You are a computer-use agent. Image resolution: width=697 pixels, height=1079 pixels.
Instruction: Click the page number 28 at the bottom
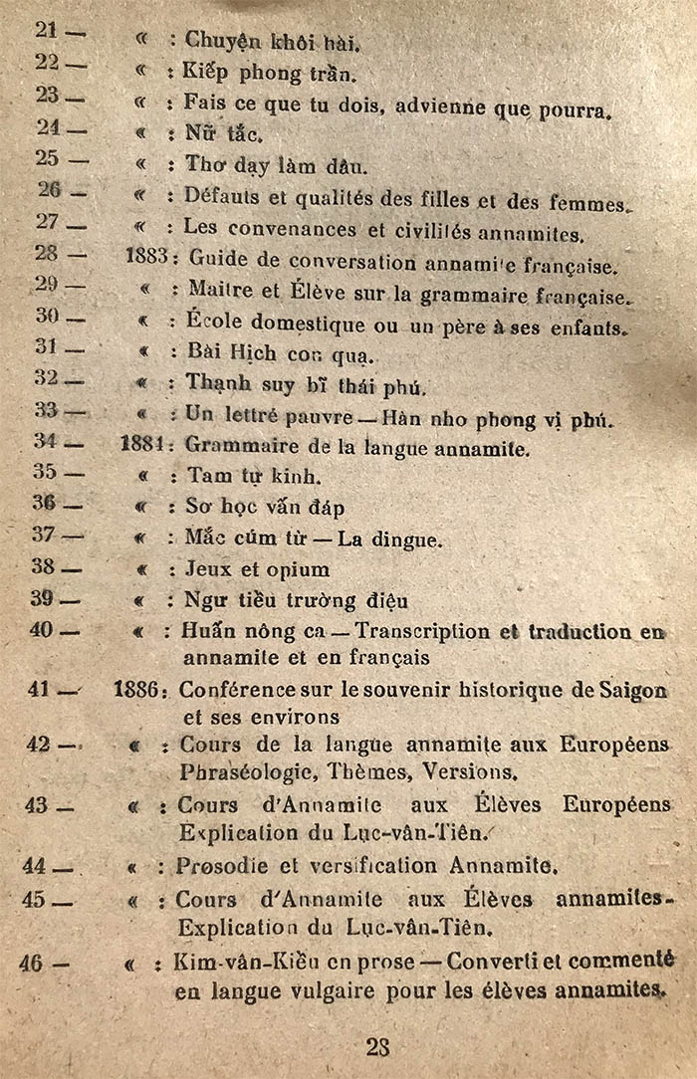pos(377,1046)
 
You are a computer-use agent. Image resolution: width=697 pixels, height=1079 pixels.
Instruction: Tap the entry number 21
pos(47,30)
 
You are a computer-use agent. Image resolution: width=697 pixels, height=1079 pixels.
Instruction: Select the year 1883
pos(146,256)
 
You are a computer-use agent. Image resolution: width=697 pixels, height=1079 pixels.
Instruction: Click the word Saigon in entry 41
pos(631,691)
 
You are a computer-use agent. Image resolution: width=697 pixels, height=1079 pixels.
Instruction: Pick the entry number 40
pos(42,629)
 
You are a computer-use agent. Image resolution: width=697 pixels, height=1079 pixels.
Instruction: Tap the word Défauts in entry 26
pos(218,197)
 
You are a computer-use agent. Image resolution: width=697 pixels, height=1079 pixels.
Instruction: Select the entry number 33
pos(47,409)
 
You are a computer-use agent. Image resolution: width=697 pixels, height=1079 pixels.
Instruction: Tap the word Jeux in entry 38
pos(206,569)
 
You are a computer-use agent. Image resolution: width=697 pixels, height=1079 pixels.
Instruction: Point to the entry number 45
pos(35,899)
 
